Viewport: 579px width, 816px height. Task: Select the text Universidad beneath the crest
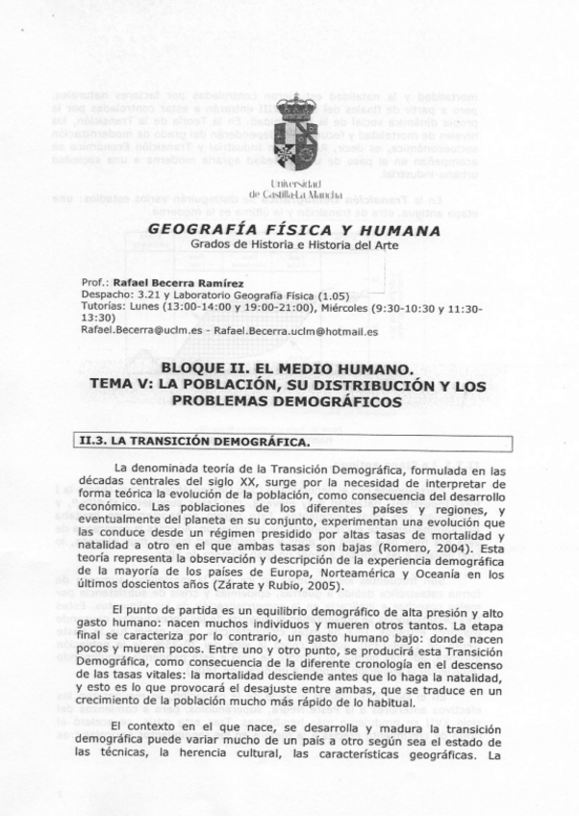(x=296, y=181)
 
